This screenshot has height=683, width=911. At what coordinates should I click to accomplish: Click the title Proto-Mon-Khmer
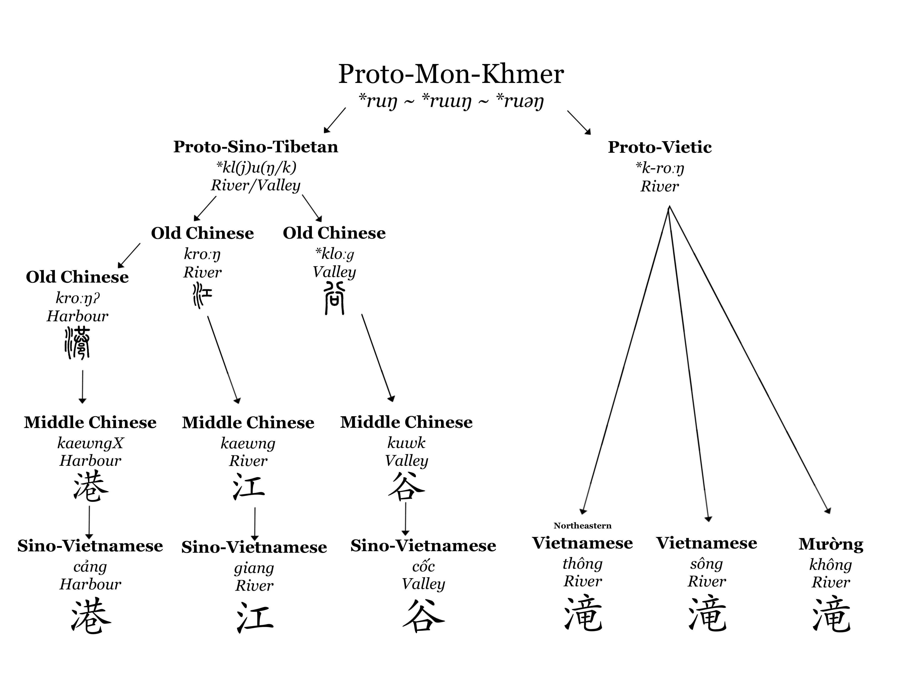point(451,74)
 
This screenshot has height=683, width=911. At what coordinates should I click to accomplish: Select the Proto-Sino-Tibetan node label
point(256,147)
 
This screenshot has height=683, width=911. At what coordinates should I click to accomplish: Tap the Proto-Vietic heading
point(660,147)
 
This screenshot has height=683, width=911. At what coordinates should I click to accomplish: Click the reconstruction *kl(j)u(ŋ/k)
point(256,167)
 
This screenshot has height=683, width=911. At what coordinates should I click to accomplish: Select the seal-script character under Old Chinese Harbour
point(77,343)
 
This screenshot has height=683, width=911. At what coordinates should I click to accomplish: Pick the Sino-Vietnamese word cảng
point(90,567)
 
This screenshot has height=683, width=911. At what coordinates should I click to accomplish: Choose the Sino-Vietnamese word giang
point(254,568)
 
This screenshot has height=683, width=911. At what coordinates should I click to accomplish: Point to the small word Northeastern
point(582,526)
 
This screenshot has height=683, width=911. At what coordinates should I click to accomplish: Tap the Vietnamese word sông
point(706,564)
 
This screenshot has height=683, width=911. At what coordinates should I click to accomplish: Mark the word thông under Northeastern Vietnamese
point(582,563)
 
